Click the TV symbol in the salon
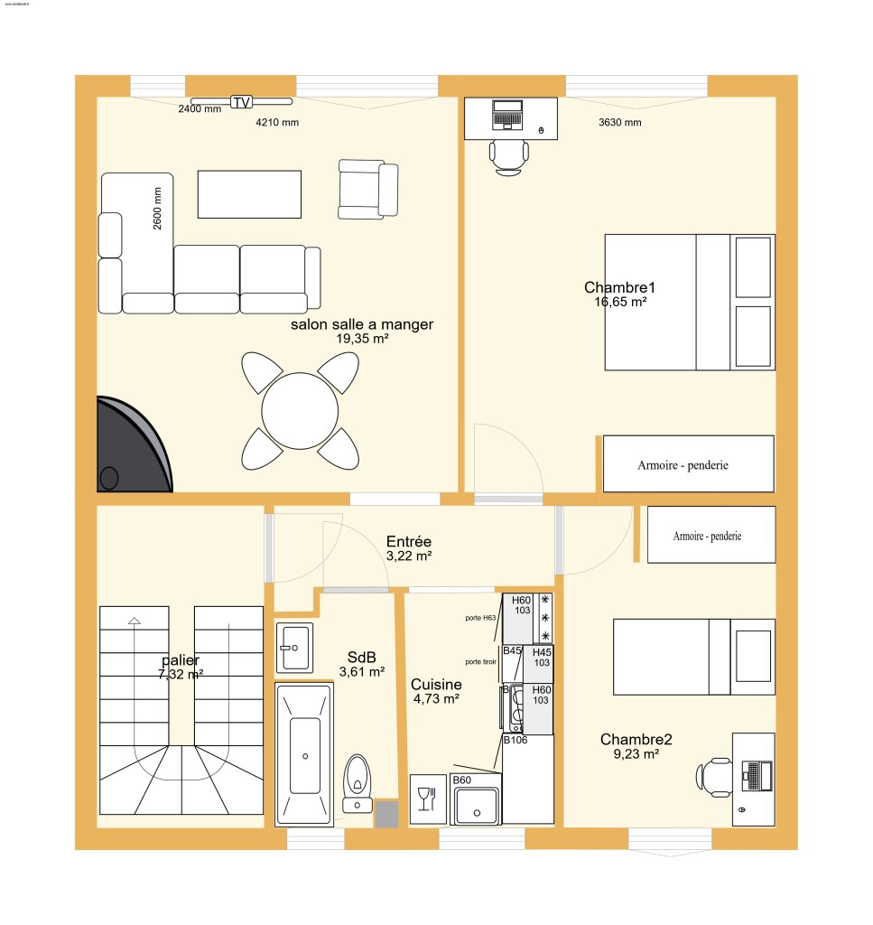point(241,102)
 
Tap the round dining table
point(300,411)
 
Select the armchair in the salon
point(367,189)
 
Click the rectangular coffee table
point(248,193)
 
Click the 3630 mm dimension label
point(620,123)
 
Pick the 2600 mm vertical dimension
point(158,209)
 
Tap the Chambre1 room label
point(619,288)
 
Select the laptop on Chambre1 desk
point(507,115)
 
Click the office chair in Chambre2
point(715,777)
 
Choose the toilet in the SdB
point(358,781)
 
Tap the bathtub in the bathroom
point(305,754)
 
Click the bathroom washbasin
point(294,647)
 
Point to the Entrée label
point(408,541)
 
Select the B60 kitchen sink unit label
point(462,780)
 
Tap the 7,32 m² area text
point(181,674)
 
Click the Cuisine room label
point(436,685)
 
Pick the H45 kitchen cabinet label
point(542,652)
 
